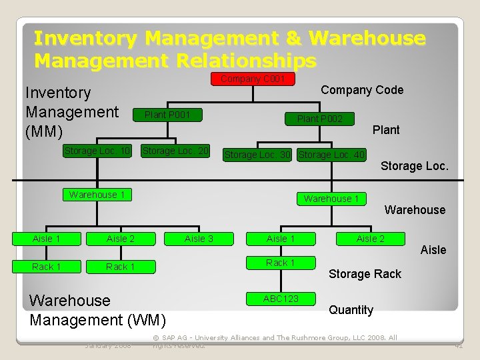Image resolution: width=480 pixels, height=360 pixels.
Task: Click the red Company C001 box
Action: [x=253, y=79]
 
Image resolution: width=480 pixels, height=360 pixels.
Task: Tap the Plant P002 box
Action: [x=320, y=119]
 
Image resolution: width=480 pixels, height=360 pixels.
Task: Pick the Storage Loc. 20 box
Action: [x=176, y=151]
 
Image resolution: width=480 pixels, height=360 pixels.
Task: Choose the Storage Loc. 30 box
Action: [x=257, y=155]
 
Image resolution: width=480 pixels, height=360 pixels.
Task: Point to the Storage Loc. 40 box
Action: [x=331, y=155]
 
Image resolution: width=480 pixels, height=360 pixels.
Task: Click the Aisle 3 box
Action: [x=199, y=239]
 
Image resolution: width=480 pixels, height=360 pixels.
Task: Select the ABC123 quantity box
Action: [x=281, y=299]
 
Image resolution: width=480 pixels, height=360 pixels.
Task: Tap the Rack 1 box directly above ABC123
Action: [x=281, y=263]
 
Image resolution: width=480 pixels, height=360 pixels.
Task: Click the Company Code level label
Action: [x=362, y=90]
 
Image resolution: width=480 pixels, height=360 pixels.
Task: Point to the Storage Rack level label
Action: [x=365, y=274]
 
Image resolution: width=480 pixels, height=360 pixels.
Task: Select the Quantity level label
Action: [x=351, y=310]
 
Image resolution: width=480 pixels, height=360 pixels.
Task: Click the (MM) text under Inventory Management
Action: [x=43, y=131]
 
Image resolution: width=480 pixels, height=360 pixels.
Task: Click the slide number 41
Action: [x=459, y=345]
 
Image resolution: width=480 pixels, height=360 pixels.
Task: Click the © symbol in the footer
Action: [x=156, y=338]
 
